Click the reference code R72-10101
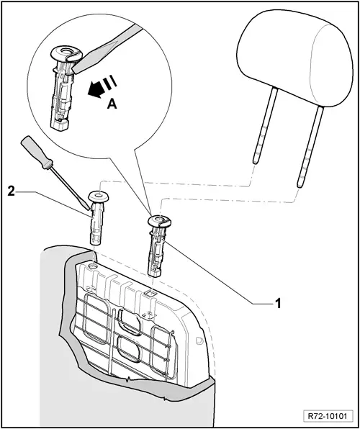(x=327, y=415)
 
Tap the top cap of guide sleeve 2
(x=97, y=196)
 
